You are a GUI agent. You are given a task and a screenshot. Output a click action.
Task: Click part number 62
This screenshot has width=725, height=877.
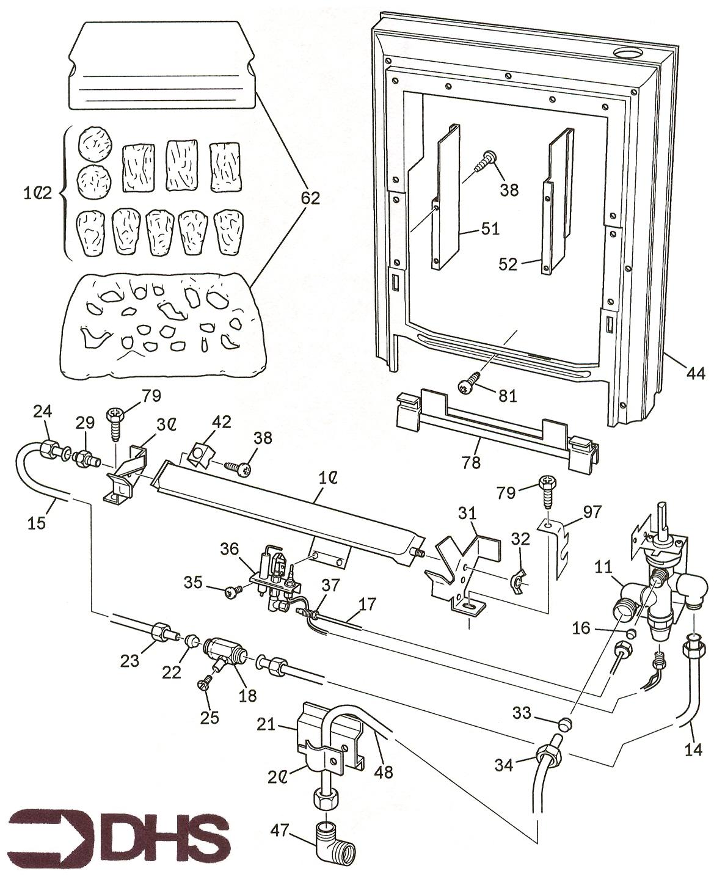pyautogui.click(x=310, y=197)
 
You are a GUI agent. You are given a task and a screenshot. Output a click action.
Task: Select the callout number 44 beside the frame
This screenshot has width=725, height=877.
pyautogui.click(x=694, y=373)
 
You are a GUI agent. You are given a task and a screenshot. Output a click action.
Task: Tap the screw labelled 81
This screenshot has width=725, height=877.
pyautogui.click(x=467, y=385)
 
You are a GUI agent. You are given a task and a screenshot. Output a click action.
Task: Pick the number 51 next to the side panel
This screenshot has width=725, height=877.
pyautogui.click(x=489, y=229)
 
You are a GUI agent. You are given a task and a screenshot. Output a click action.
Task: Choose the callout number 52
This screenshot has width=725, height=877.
pyautogui.click(x=508, y=264)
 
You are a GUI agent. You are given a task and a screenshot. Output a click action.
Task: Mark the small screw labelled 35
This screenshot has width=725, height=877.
pyautogui.click(x=233, y=591)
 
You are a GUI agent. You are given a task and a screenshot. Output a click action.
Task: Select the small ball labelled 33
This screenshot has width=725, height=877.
pyautogui.click(x=566, y=724)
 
